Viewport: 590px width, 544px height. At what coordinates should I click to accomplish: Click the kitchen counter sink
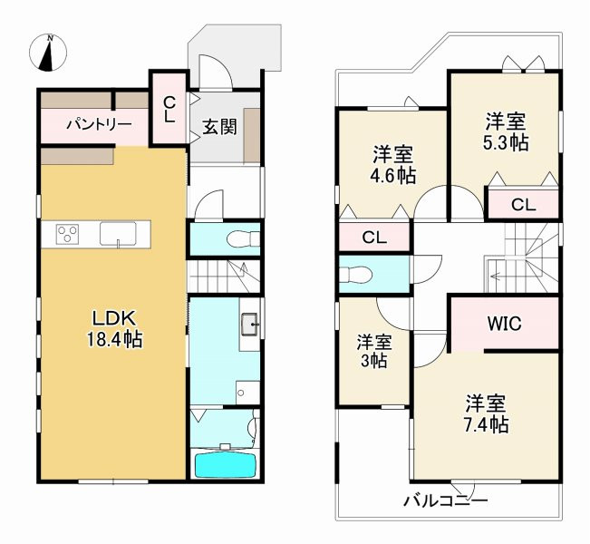(119, 235)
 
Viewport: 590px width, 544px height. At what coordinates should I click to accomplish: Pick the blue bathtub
(226, 464)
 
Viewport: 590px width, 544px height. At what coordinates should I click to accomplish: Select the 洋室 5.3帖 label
(506, 131)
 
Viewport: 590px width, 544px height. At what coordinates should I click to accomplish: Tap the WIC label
(503, 324)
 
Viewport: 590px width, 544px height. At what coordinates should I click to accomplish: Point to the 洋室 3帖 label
(373, 351)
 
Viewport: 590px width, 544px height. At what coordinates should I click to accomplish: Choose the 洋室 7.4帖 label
(487, 413)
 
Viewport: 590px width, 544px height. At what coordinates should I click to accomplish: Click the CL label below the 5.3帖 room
(523, 205)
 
